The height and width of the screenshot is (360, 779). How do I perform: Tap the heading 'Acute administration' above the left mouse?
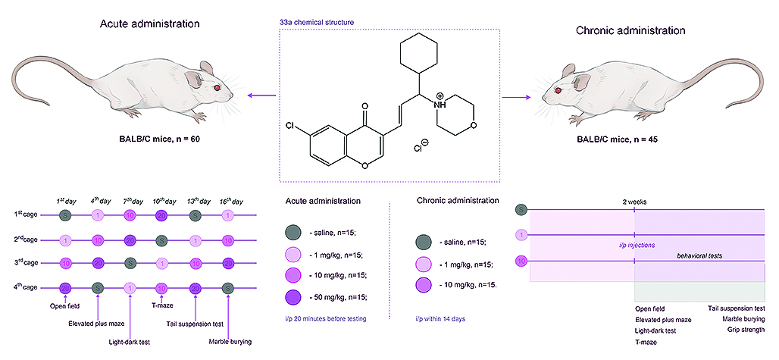click(150, 24)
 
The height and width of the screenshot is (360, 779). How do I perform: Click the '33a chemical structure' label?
click(317, 23)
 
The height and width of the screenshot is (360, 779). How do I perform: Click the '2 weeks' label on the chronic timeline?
click(633, 202)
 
